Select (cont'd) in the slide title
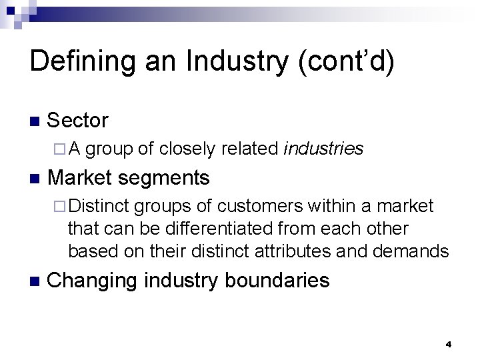point(347,61)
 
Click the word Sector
point(78,121)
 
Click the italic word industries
point(323,149)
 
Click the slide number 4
point(449,345)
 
